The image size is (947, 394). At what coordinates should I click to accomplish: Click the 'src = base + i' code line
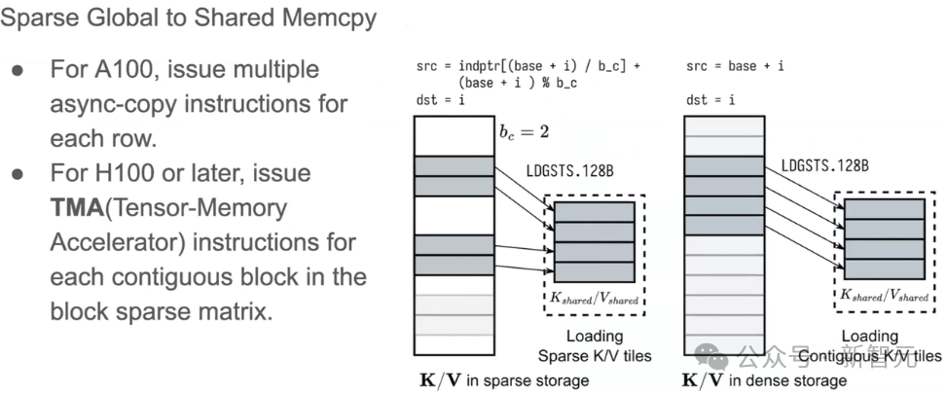click(735, 66)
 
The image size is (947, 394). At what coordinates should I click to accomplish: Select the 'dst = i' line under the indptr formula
click(436, 100)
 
